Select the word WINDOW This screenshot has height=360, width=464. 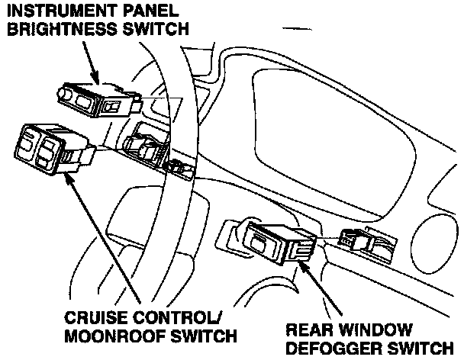(x=381, y=329)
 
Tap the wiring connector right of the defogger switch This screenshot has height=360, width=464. (x=353, y=239)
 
